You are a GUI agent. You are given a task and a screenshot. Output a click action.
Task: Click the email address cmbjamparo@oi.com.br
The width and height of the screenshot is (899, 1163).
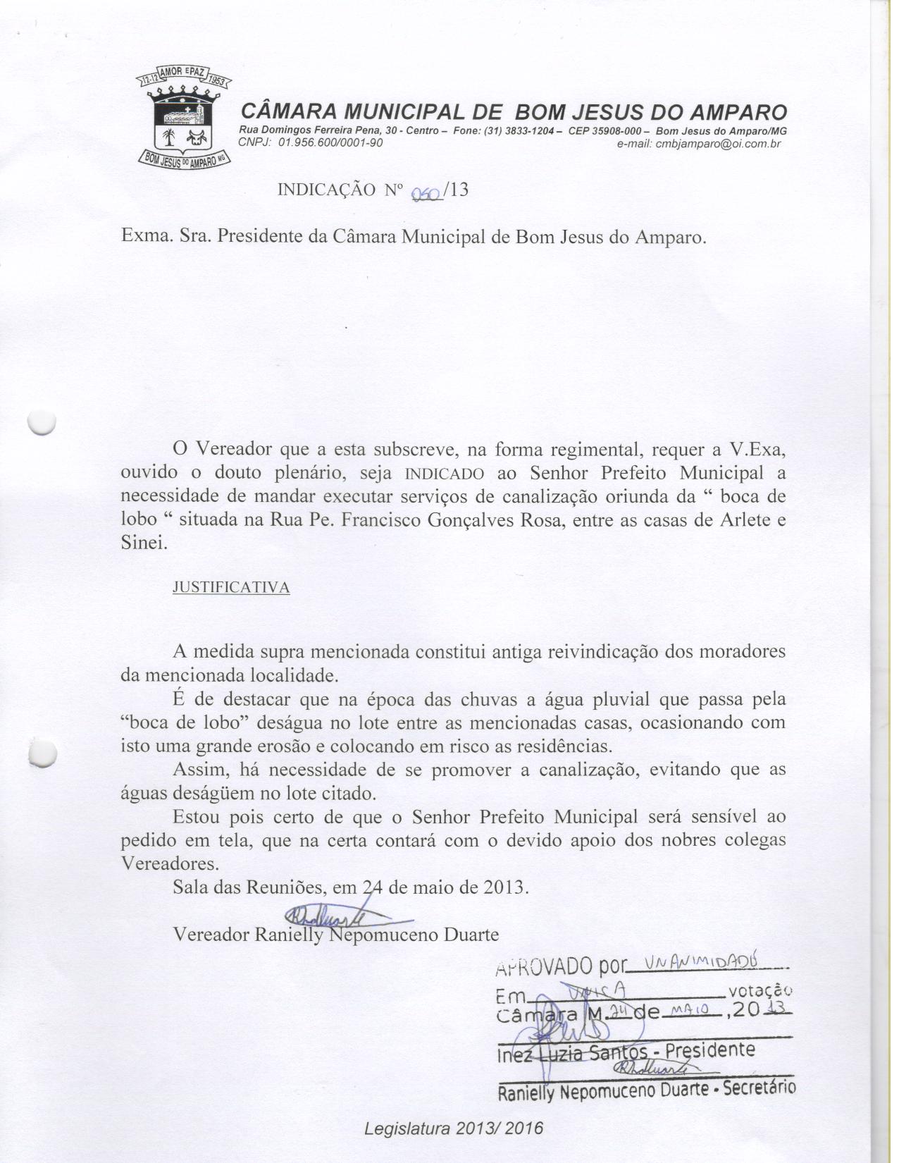713,143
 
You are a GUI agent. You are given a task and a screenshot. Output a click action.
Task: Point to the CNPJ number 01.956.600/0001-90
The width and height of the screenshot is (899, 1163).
331,143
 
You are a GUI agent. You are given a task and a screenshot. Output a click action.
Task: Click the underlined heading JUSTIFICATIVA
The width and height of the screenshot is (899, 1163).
231,588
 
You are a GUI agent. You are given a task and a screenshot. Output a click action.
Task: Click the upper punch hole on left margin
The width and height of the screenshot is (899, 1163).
41,421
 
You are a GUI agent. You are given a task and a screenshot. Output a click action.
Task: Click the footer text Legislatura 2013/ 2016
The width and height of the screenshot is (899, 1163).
454,1128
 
